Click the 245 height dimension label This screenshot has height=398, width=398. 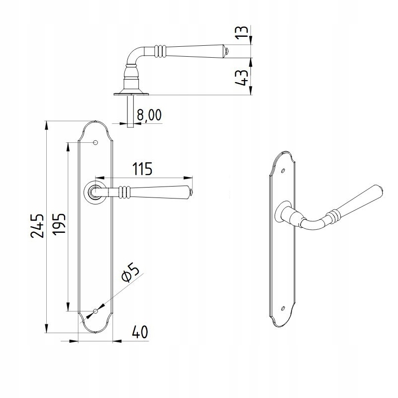(x=37, y=226)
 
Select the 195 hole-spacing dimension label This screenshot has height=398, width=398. (x=59, y=224)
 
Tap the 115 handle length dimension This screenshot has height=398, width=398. (x=142, y=169)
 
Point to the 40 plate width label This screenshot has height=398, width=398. (x=140, y=332)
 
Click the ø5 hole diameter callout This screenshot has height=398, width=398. (x=130, y=273)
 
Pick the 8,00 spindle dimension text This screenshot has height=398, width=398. (x=149, y=115)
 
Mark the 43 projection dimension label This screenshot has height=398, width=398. (x=241, y=78)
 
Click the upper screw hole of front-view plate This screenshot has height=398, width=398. (x=96, y=142)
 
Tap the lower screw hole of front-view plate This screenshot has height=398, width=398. (x=96, y=311)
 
